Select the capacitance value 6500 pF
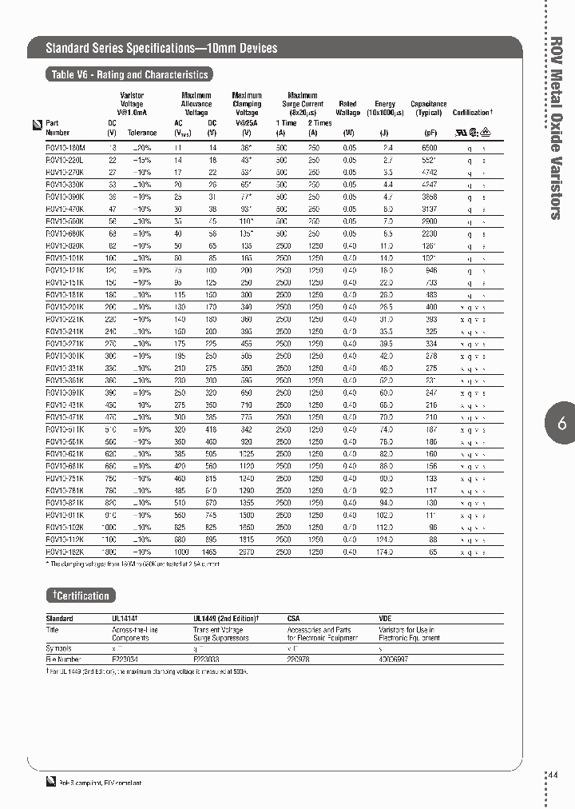tap(429, 148)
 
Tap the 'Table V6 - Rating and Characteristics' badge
tap(129, 75)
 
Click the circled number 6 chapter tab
tap(561, 424)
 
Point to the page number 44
tap(555, 775)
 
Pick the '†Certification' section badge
tap(81, 596)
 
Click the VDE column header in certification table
tap(385, 618)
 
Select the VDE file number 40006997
tap(393, 660)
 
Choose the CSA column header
tap(294, 618)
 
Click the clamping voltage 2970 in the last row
tap(247, 552)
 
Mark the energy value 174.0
tap(387, 552)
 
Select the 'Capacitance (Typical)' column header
tap(429, 109)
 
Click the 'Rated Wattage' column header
tap(347, 109)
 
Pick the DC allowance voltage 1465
tap(211, 552)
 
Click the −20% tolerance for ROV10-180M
tap(141, 148)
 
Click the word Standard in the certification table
tap(59, 618)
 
